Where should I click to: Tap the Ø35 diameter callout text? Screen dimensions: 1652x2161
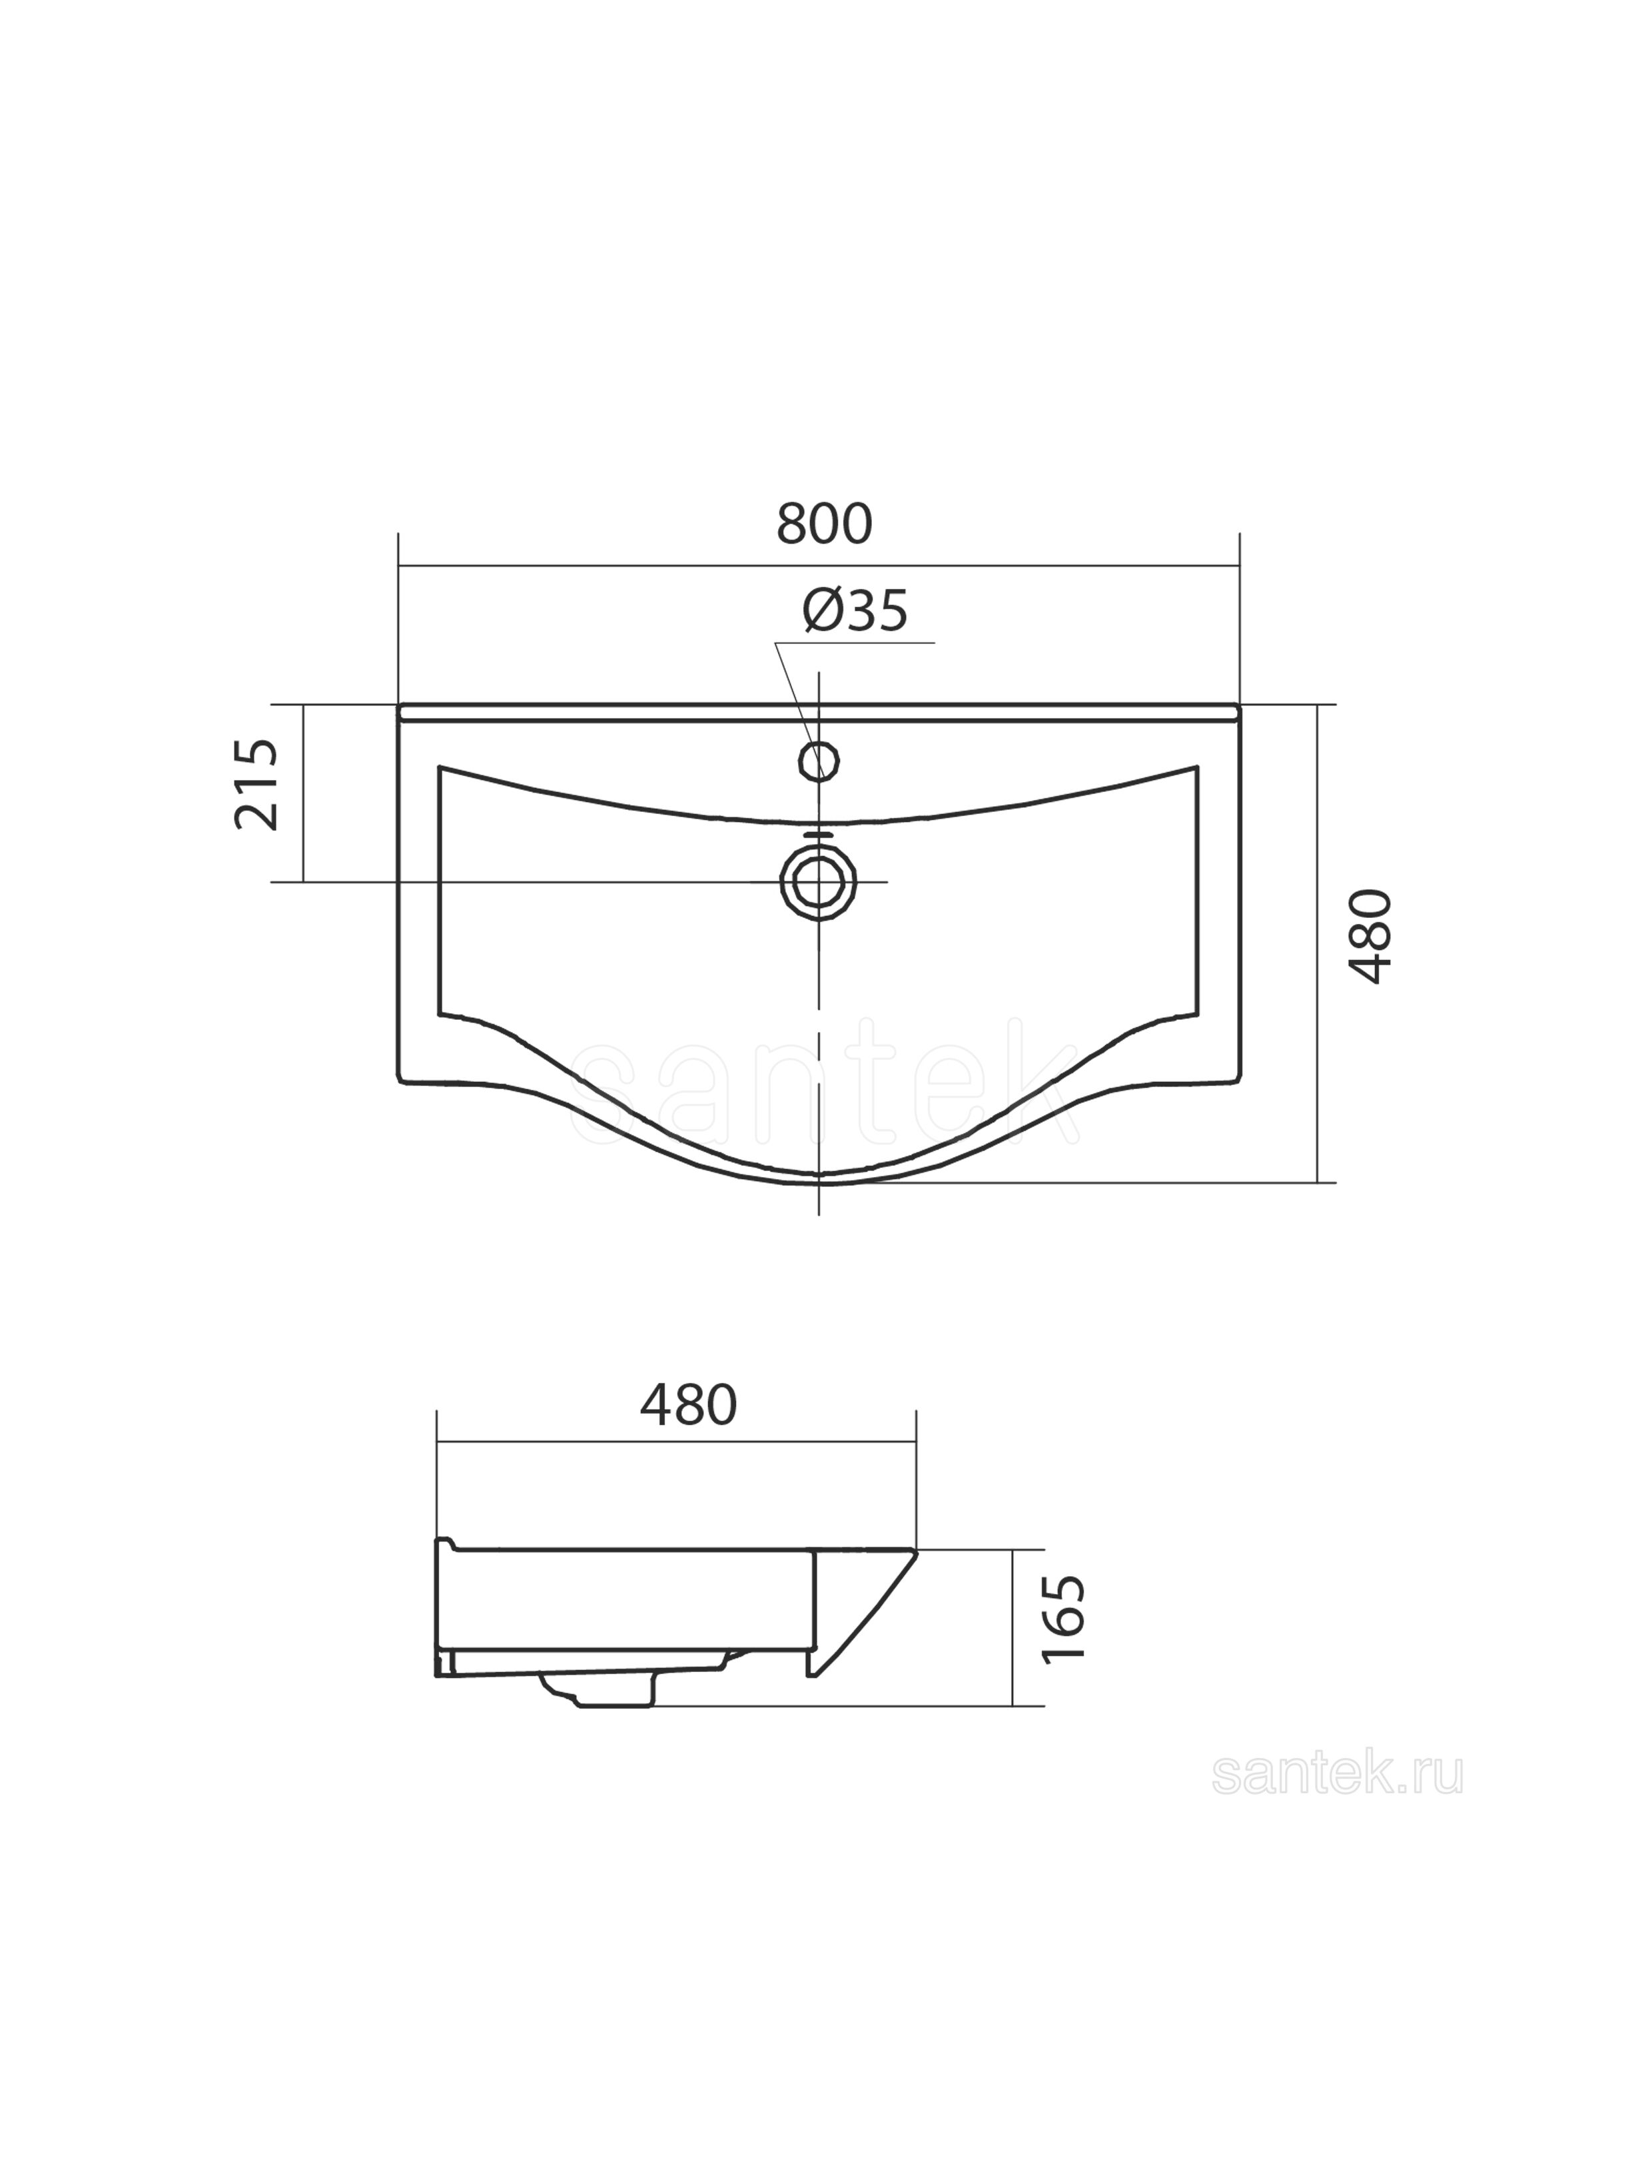[x=855, y=612]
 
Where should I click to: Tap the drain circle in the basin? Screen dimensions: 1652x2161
[x=818, y=882]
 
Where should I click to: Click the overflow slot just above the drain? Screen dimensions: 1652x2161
[x=818, y=836]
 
